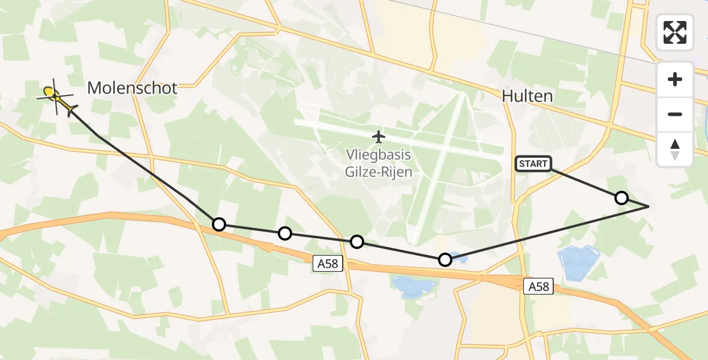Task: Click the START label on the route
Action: (533, 163)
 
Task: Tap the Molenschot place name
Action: (132, 88)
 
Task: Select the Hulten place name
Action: (527, 97)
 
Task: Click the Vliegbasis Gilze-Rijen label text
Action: (378, 163)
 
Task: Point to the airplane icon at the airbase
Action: (378, 137)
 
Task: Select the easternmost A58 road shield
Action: (538, 286)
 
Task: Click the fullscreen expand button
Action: (675, 32)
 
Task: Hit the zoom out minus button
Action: (675, 114)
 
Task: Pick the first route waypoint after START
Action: (622, 198)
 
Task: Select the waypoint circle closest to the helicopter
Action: (219, 224)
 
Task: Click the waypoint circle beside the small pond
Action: (445, 260)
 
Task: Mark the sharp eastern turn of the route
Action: (649, 206)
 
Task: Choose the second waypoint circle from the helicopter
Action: (285, 233)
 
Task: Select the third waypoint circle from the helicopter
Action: (357, 242)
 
